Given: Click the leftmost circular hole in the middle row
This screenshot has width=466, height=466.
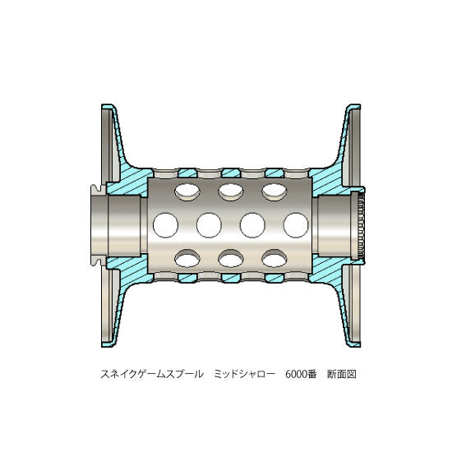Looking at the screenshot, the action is click(165, 225).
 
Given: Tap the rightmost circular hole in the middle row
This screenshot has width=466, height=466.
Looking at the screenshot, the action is click(296, 225).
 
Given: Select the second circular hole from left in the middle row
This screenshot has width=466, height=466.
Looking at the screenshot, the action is click(209, 225).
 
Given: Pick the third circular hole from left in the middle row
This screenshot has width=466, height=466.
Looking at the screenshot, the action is click(252, 225).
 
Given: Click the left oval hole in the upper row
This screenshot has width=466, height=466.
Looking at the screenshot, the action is click(187, 192).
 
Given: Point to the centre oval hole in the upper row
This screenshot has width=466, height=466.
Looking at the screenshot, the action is click(231, 192).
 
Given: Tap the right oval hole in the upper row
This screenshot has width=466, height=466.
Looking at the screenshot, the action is click(275, 192).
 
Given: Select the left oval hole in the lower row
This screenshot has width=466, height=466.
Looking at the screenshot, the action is click(187, 258).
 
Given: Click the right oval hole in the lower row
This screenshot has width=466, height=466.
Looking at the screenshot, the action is click(275, 258).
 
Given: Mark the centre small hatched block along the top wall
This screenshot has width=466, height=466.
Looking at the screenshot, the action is click(231, 173).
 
